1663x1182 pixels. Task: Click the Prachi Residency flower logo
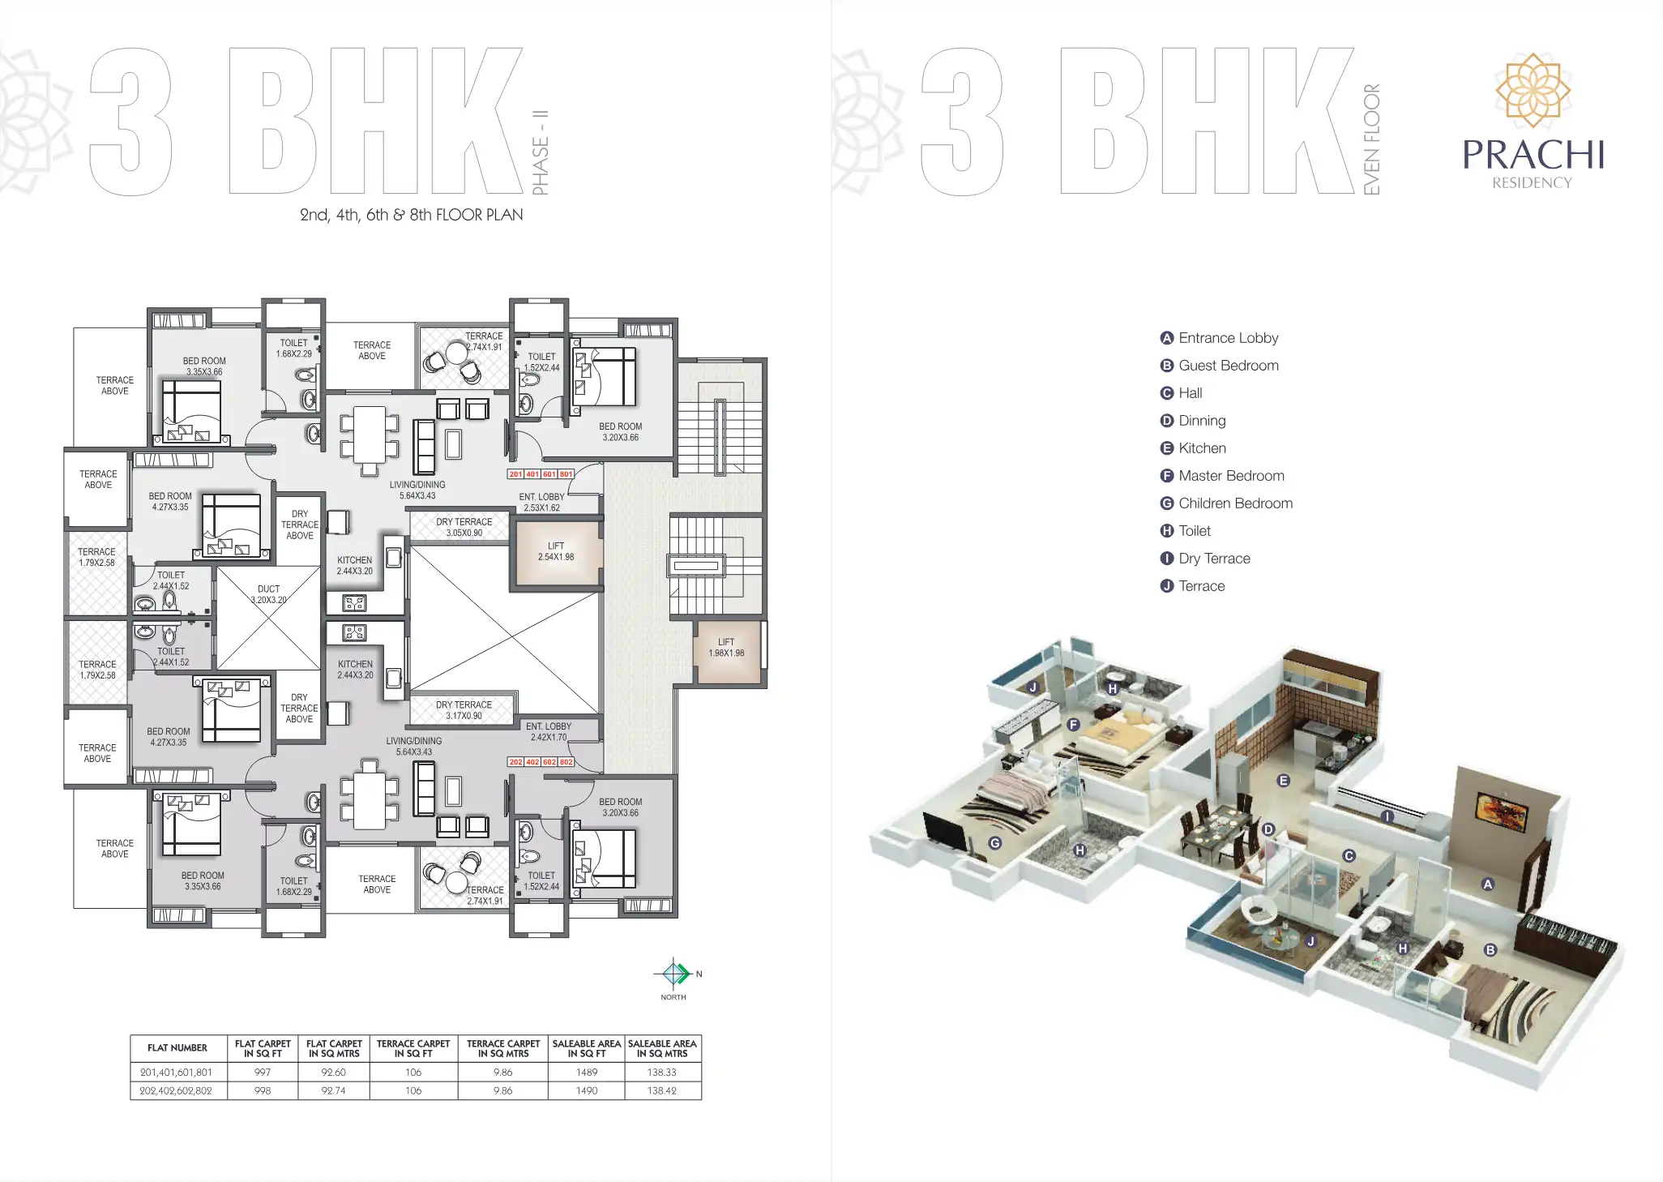(x=1533, y=91)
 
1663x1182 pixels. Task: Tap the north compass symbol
(x=673, y=973)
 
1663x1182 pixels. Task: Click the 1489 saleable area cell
(x=587, y=1072)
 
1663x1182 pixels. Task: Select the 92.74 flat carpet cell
(x=333, y=1090)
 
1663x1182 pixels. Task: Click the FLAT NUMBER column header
(x=177, y=1047)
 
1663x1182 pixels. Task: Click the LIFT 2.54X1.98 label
(x=556, y=551)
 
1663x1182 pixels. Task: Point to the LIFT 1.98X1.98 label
(x=726, y=647)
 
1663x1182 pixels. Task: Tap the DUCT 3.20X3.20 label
(x=268, y=594)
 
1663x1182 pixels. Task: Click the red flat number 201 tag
(x=515, y=474)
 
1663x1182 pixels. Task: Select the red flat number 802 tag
(x=566, y=762)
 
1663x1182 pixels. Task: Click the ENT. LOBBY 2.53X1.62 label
(x=541, y=502)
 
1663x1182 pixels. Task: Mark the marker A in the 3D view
(x=1487, y=884)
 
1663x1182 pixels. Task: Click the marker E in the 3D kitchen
(x=1283, y=781)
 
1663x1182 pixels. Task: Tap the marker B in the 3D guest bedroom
(x=1490, y=950)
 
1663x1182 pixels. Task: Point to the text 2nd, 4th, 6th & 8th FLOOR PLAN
(x=411, y=215)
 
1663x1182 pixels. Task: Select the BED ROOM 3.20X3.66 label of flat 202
(x=620, y=807)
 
